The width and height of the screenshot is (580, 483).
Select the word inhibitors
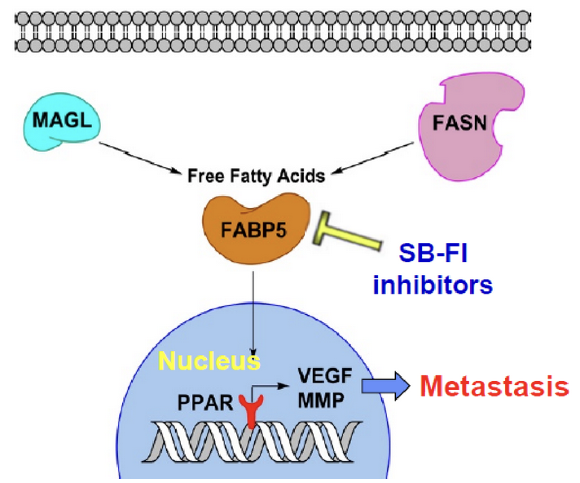(433, 286)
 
